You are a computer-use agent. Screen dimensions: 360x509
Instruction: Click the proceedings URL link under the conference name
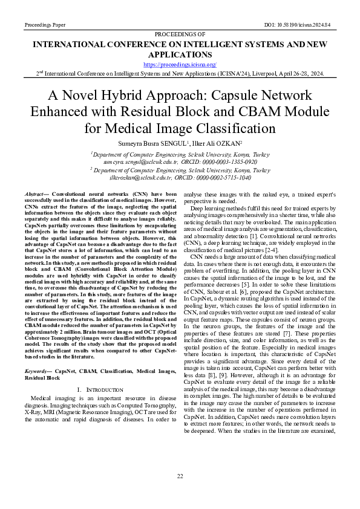click(x=180, y=64)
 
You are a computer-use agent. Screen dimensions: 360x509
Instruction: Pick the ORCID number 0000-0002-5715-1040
click(x=222, y=178)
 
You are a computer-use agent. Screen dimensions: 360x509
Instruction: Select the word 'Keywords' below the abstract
click(x=35, y=371)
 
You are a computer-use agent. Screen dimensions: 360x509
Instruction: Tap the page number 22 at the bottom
click(x=180, y=477)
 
